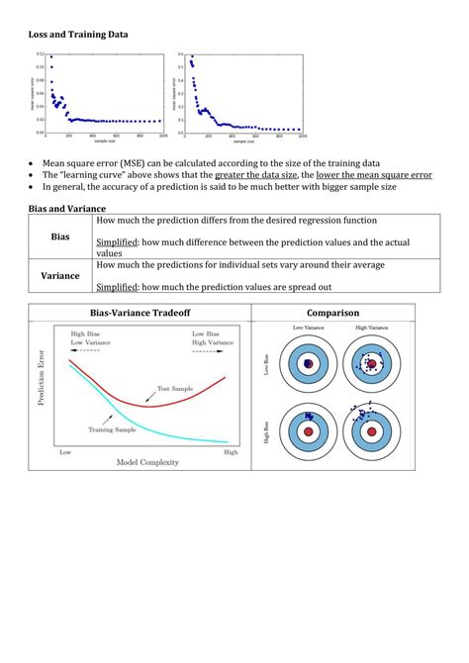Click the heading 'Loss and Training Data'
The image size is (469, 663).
coord(77,35)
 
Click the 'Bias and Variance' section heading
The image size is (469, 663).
coord(68,209)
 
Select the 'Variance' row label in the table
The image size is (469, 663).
coord(60,276)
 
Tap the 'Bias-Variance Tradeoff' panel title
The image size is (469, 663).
coord(141,313)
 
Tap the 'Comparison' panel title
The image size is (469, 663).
coord(332,313)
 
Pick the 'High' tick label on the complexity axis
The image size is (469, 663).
coord(231,451)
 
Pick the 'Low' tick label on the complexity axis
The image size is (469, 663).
coord(65,451)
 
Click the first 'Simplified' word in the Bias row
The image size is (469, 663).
coord(145,242)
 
